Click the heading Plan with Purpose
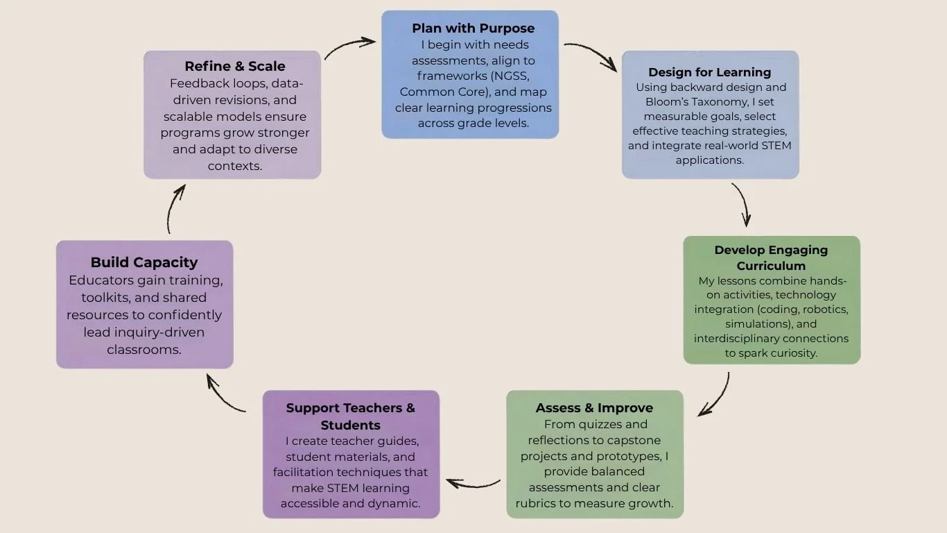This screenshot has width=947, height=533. coord(473,28)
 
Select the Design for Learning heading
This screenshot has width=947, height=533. coord(709,72)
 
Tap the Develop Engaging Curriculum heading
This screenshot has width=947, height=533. coord(771,257)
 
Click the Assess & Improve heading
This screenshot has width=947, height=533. coord(594,408)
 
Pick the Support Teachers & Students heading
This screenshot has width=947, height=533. coord(350,416)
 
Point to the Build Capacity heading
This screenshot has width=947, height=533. coord(144,262)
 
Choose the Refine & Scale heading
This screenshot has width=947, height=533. coord(234,67)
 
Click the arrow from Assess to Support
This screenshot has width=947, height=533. coord(473,483)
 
